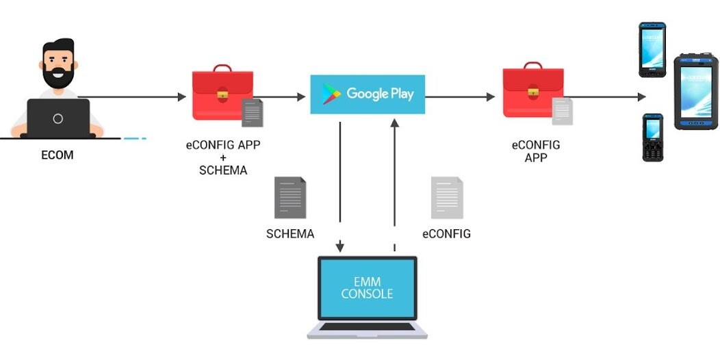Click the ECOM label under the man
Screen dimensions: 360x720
pos(57,155)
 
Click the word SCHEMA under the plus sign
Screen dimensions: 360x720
pos(223,170)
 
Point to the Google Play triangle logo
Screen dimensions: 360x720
pos(332,94)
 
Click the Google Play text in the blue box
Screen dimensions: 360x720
pos(380,94)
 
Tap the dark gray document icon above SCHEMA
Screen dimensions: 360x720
pos(290,198)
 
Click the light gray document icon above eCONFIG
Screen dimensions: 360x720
pos(447,198)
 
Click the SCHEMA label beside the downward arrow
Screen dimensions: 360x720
pos(290,234)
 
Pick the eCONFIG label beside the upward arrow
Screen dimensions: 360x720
pos(447,234)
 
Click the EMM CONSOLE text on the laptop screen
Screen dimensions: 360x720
pos(368,287)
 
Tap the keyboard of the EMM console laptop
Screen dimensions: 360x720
pos(368,326)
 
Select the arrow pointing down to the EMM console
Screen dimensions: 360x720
pos(340,185)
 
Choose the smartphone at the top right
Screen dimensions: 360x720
pos(652,49)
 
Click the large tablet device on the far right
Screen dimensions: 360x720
pos(696,92)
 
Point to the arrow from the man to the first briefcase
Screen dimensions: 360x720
pos(130,97)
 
